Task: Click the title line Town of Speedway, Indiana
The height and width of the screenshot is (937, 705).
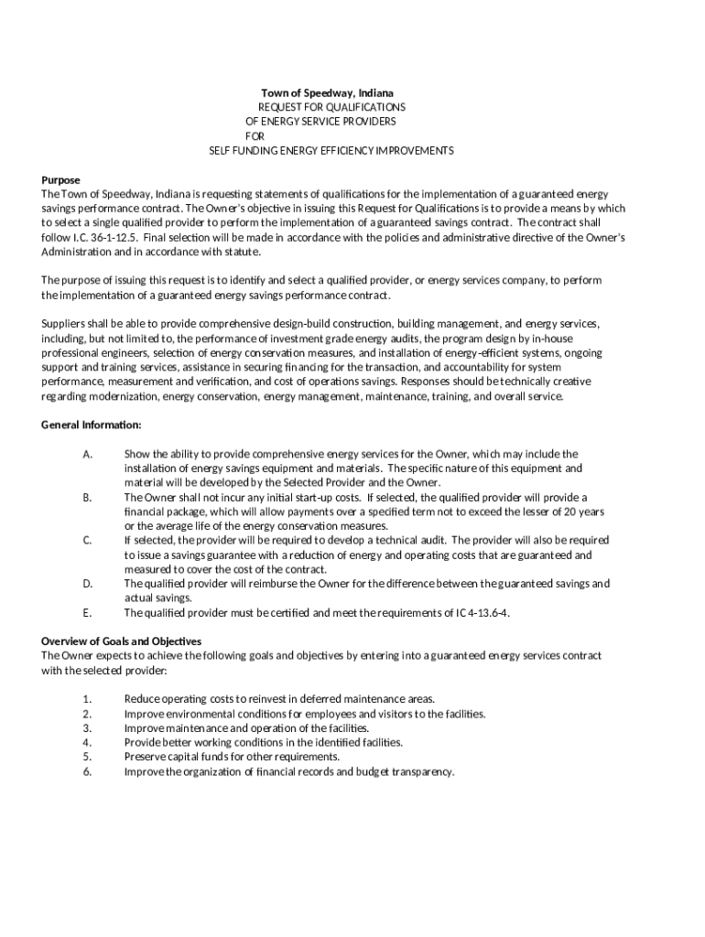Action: pos(327,93)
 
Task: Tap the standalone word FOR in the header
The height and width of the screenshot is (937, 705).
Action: pos(255,135)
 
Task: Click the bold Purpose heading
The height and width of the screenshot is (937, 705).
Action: pos(61,179)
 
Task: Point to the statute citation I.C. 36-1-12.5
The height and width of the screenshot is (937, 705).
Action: pos(103,237)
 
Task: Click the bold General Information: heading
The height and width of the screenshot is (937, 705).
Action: pos(92,425)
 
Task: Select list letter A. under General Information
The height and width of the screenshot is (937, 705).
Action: pos(87,454)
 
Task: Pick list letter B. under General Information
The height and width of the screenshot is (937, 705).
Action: pos(87,497)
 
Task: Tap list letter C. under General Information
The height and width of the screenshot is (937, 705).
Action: pos(87,540)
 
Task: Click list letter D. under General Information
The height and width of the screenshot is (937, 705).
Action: pos(87,583)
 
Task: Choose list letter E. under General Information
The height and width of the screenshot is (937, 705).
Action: pos(87,612)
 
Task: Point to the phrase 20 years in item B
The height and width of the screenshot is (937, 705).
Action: pos(583,511)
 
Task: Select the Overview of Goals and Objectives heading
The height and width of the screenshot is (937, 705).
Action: pos(122,641)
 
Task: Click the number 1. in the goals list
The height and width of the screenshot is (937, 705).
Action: pos(87,698)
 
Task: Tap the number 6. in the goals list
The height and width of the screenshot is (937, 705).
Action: pos(87,771)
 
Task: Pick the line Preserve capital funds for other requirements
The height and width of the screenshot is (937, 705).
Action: pos(232,757)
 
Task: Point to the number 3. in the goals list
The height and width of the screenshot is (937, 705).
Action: pos(87,727)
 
